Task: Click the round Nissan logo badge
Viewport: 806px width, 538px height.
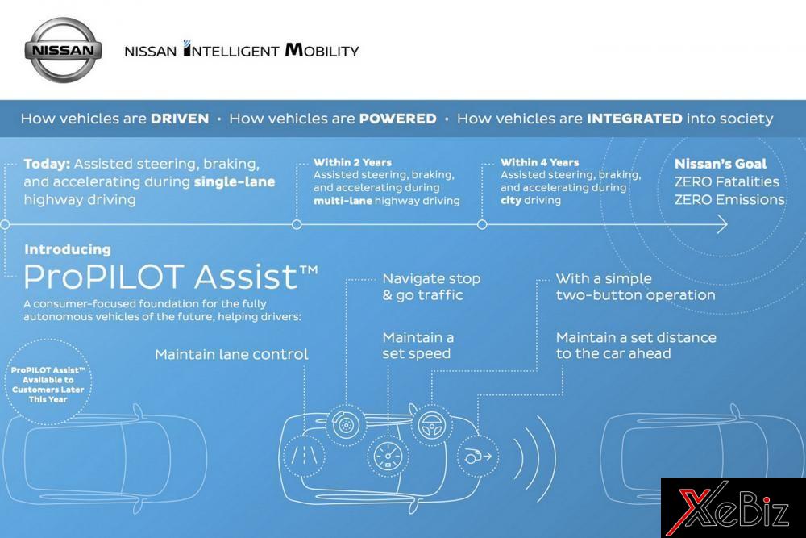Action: click(62, 50)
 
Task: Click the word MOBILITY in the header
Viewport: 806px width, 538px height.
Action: click(322, 51)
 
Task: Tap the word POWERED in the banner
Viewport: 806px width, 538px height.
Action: click(398, 119)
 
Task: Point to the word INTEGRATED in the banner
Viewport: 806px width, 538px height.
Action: click(635, 119)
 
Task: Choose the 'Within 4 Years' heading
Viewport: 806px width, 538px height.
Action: click(539, 162)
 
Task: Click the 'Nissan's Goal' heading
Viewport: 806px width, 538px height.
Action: click(721, 164)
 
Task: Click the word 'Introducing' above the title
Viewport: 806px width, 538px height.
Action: click(68, 249)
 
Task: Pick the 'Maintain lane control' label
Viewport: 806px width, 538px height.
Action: click(231, 354)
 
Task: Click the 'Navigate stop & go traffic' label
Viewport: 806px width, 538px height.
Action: click(431, 286)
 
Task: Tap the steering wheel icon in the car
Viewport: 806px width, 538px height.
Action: click(427, 422)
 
